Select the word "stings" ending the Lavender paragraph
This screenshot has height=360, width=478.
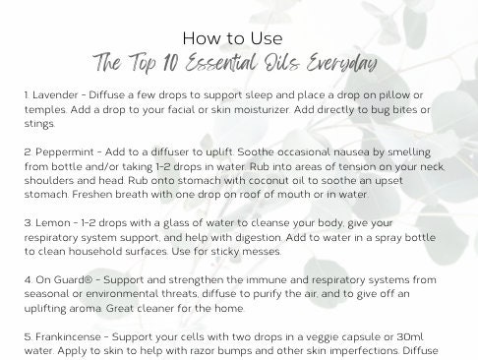coord(37,124)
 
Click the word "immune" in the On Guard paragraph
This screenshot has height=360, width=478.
coord(233,283)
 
